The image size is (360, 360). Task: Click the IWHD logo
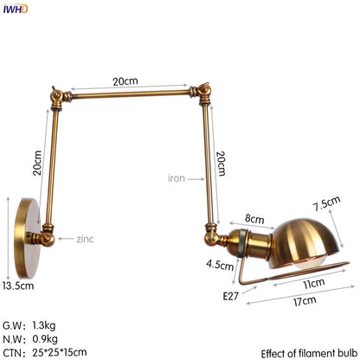point(15,9)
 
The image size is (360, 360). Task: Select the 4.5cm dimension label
point(219,264)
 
